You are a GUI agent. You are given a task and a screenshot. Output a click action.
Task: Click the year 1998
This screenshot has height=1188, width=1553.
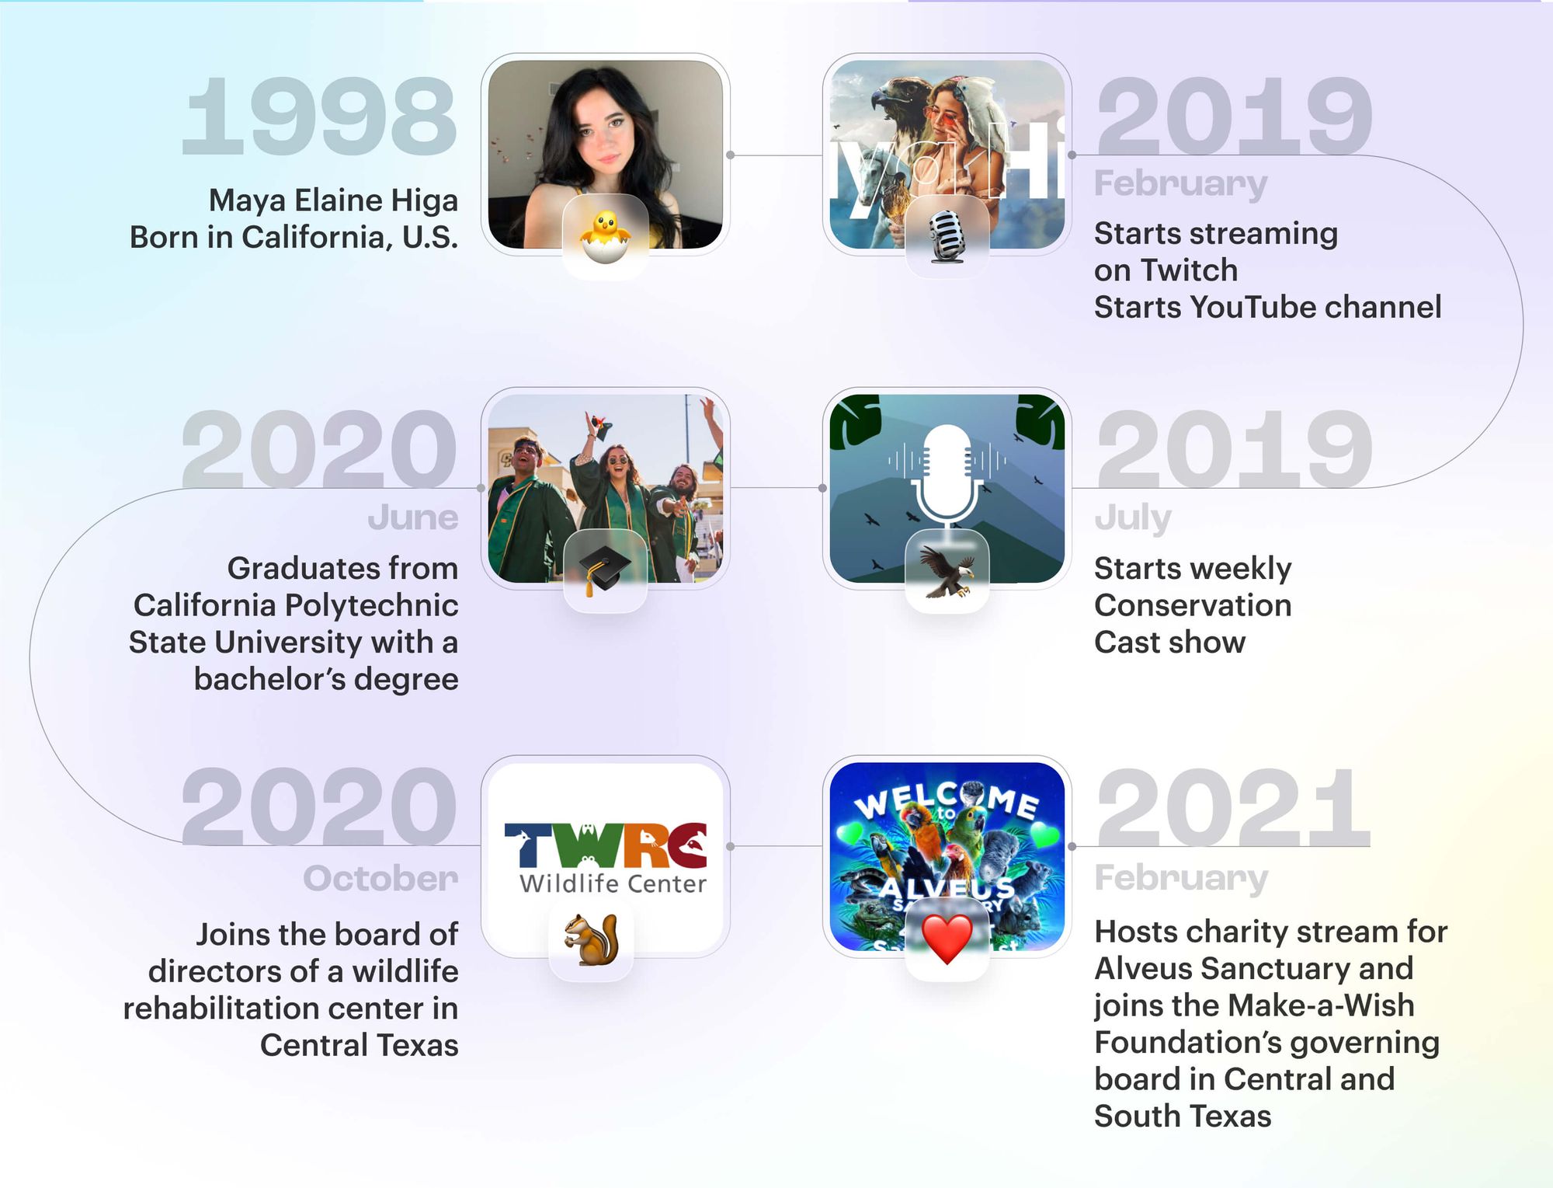click(x=318, y=117)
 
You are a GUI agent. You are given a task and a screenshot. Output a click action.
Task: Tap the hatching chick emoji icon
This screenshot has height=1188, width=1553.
click(x=605, y=236)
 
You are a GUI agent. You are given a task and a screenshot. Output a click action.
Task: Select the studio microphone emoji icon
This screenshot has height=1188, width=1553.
click(x=947, y=236)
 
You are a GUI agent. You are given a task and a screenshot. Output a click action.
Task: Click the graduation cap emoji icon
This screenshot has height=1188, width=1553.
click(x=605, y=570)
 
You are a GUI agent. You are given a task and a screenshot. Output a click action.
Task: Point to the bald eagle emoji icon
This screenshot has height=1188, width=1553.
click(x=947, y=571)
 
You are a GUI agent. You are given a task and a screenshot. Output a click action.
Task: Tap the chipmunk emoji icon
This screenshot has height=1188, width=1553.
click(x=592, y=939)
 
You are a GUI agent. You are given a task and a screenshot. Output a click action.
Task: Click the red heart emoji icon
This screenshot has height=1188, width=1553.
click(x=947, y=939)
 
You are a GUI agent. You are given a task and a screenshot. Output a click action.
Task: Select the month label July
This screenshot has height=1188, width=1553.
click(x=1132, y=518)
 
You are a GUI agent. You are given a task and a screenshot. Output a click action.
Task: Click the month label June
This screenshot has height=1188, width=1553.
click(x=413, y=518)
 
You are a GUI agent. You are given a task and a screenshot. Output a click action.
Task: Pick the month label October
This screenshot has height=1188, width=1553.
click(x=380, y=879)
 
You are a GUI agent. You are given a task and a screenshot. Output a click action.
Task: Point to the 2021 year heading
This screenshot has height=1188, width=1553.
click(x=1232, y=808)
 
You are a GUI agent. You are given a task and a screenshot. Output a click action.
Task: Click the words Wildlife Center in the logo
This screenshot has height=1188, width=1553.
click(x=613, y=883)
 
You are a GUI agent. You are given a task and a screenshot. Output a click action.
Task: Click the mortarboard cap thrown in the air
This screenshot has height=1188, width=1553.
click(x=599, y=426)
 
